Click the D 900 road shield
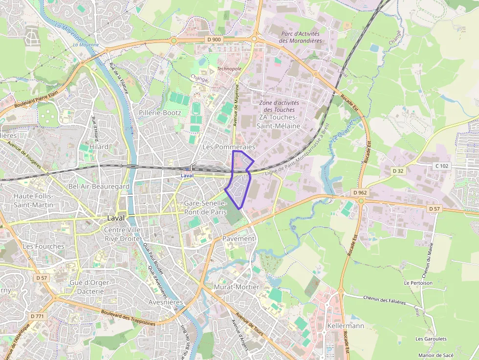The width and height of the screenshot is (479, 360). click(x=214, y=40)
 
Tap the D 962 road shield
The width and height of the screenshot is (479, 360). click(x=359, y=192)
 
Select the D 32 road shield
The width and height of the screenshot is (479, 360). click(x=398, y=171)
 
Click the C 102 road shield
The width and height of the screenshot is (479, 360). click(x=441, y=166)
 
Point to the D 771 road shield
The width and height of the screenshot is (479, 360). click(x=37, y=316)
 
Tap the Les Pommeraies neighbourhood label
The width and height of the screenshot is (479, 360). click(x=229, y=147)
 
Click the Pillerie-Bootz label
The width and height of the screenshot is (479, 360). click(x=160, y=113)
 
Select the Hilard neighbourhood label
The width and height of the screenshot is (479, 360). click(x=99, y=146)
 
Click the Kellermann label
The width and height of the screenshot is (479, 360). click(x=347, y=325)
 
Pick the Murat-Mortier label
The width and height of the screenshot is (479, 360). click(x=237, y=287)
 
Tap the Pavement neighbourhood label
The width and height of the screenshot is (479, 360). click(x=239, y=238)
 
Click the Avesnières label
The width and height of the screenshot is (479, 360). click(x=165, y=302)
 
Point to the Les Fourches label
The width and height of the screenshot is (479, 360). click(x=44, y=246)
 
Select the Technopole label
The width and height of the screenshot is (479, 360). click(x=229, y=69)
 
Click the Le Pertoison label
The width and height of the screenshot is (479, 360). click(x=418, y=283)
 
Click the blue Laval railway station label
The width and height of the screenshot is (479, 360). click(x=187, y=175)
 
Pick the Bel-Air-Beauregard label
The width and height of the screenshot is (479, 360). click(x=99, y=186)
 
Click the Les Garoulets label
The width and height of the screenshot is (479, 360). click(x=431, y=339)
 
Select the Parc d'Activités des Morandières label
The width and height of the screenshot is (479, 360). click(x=301, y=37)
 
